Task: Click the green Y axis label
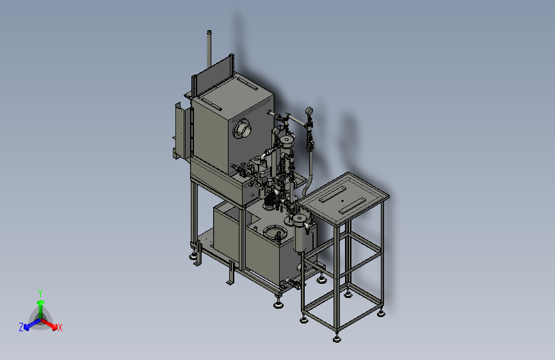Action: pos(40,293)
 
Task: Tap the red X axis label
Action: pos(60,327)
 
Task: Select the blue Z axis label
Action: pos(21,327)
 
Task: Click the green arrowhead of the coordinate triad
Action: pos(41,302)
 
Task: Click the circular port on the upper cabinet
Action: pos(242,128)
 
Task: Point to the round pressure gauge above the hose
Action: pos(309,111)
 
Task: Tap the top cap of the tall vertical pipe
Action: pos(209,32)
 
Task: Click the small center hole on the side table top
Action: pos(342,200)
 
